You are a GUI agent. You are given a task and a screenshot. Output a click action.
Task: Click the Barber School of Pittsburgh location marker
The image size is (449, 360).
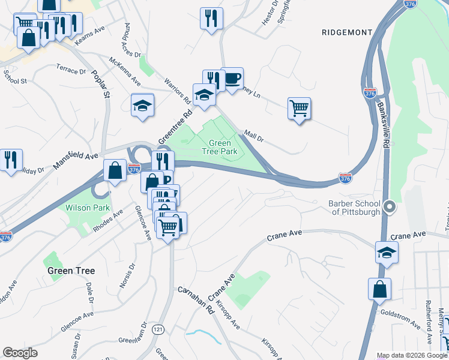coord(390,208)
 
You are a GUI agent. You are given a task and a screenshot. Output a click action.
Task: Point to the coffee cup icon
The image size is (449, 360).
coord(232,78)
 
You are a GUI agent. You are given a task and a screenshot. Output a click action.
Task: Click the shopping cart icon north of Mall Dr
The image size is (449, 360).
coord(299,109)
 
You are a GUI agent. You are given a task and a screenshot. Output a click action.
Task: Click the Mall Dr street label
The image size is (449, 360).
coord(253,137)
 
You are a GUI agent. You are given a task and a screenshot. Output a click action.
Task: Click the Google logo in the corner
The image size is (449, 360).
coord(20,353)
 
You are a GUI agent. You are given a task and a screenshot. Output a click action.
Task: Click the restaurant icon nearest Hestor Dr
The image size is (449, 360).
coord(211,18)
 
